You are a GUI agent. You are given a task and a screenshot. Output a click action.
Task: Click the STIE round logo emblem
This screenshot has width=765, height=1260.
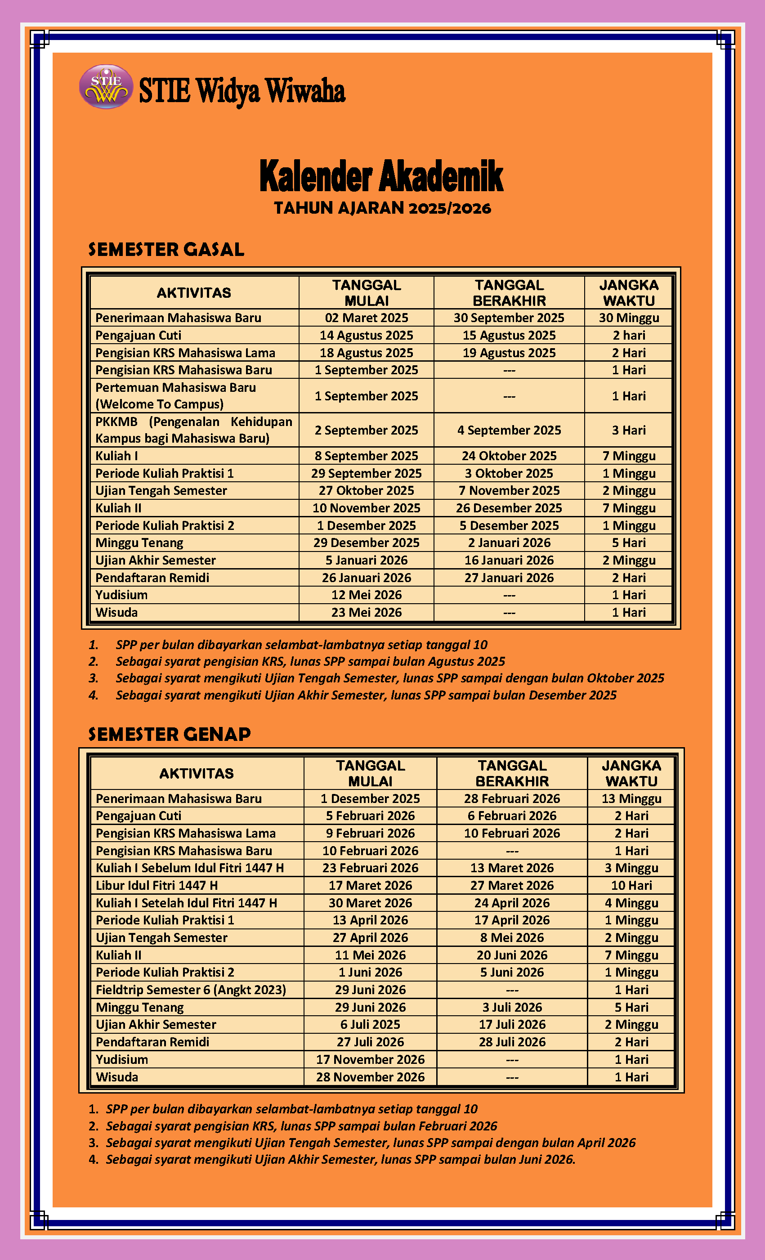[x=106, y=86]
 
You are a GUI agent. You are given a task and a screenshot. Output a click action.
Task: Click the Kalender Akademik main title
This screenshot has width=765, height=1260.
[x=381, y=176]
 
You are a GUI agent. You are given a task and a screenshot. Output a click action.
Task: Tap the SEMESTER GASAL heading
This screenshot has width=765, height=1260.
[x=166, y=250]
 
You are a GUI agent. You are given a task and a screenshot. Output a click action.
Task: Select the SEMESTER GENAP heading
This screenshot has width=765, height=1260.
[x=169, y=734]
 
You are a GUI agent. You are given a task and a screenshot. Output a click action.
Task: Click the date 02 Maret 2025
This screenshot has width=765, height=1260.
[x=366, y=318]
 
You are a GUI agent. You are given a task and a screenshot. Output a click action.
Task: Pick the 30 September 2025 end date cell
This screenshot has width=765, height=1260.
[x=509, y=318]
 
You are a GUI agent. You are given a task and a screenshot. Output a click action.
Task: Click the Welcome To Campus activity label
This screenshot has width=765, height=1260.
[x=160, y=404]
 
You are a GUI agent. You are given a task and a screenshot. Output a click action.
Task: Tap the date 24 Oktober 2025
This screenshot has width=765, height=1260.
[x=509, y=456]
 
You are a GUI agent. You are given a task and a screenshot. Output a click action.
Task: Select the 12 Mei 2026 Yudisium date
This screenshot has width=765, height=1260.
[x=366, y=595]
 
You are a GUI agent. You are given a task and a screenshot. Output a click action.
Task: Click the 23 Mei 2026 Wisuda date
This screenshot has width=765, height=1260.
[x=366, y=612]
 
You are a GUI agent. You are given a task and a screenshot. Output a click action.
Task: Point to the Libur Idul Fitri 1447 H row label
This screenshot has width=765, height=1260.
[x=157, y=885]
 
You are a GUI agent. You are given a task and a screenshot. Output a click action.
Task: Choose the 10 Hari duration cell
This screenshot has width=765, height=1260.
[x=631, y=885]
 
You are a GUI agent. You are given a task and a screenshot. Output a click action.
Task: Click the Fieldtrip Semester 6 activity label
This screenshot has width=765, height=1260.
[x=191, y=990]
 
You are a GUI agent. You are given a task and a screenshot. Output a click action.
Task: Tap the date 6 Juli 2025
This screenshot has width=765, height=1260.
[x=370, y=1024]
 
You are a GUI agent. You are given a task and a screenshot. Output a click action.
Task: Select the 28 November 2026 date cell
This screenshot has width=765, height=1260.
[x=370, y=1076]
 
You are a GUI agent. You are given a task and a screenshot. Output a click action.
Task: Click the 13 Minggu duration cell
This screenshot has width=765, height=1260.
[x=631, y=798]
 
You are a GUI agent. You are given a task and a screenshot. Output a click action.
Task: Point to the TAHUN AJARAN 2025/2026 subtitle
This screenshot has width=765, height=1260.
[x=382, y=208]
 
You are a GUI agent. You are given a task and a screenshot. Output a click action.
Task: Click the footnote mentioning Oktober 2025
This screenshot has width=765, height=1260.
[x=389, y=678]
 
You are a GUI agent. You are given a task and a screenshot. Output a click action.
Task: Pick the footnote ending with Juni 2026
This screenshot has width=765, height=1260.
[x=340, y=1159]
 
